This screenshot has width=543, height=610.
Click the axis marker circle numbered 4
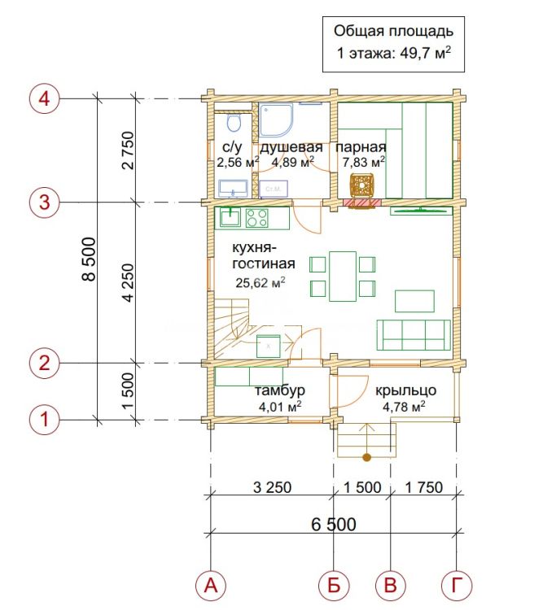click(45, 98)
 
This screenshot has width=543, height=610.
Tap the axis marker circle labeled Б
click(334, 585)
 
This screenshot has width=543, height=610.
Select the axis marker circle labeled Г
click(457, 585)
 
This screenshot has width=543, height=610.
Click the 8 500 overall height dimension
click(89, 259)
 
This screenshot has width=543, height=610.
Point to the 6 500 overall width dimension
click(334, 524)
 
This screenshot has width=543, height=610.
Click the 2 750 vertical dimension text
click(128, 150)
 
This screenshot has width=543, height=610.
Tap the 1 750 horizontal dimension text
click(424, 487)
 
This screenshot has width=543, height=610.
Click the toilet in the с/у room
click(234, 123)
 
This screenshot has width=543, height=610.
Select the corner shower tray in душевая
click(276, 120)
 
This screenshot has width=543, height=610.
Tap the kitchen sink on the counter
click(230, 217)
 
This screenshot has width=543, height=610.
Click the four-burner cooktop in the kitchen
click(256, 217)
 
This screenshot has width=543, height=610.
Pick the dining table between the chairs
click(343, 277)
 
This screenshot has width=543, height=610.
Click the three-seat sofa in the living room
click(414, 335)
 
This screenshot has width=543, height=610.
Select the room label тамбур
click(280, 390)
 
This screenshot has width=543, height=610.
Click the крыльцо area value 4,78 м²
click(404, 407)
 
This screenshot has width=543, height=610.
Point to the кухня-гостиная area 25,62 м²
click(261, 282)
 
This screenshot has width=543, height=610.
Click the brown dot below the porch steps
click(366, 457)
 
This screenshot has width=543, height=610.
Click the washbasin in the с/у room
click(234, 189)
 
